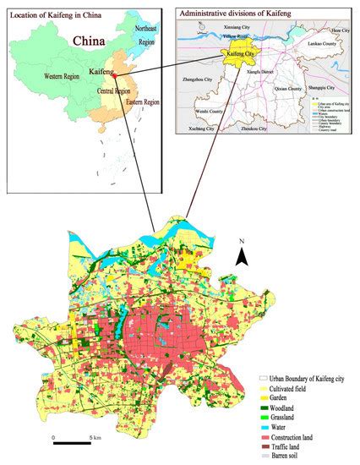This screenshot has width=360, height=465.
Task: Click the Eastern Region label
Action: pyautogui.click(x=139, y=102)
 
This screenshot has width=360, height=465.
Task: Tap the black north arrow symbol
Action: pyautogui.click(x=241, y=257)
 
